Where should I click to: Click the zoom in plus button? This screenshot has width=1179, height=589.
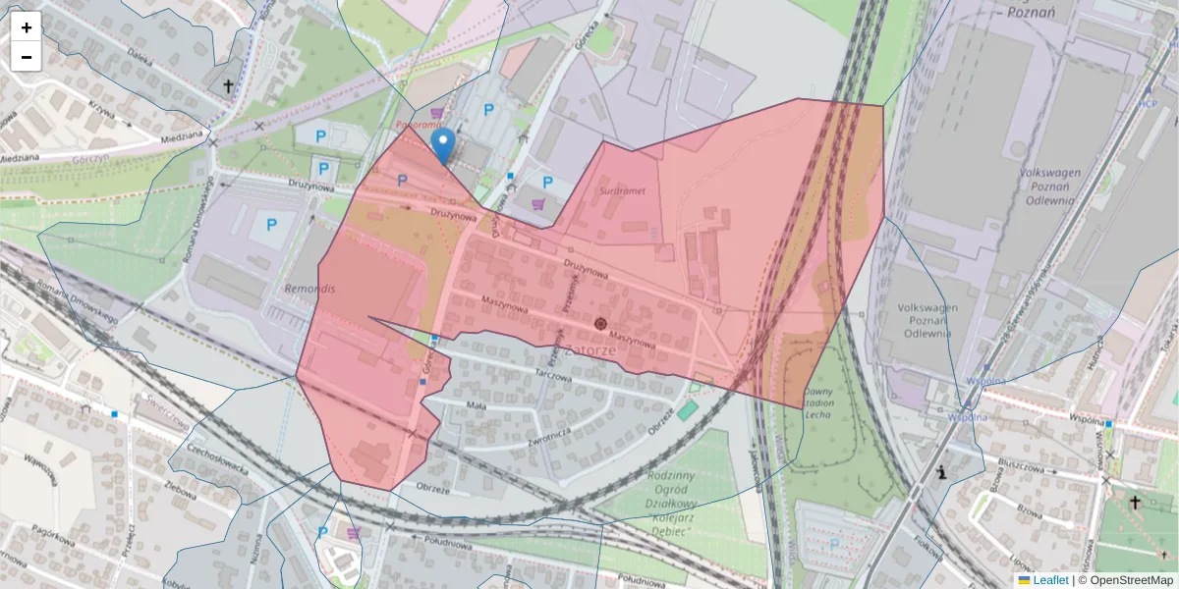coord(27,27)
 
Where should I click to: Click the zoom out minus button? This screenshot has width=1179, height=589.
coord(27,57)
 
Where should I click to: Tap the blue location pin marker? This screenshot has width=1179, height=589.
coord(443,145)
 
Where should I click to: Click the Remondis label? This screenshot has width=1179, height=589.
coord(309,290)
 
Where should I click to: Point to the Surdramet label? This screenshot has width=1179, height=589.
coord(623,191)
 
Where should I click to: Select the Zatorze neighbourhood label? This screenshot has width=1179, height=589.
coord(590,350)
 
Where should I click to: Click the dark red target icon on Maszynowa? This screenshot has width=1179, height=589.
coord(600,324)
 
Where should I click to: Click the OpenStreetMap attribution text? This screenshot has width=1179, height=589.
coord(1125,580)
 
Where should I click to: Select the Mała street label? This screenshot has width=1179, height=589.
coord(476,404)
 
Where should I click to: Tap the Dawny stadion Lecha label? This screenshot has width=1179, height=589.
coord(819,402)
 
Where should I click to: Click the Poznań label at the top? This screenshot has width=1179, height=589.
coord(1031,12)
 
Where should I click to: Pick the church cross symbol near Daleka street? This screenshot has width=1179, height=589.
coord(229,86)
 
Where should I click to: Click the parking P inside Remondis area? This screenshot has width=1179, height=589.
coord(271,225)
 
